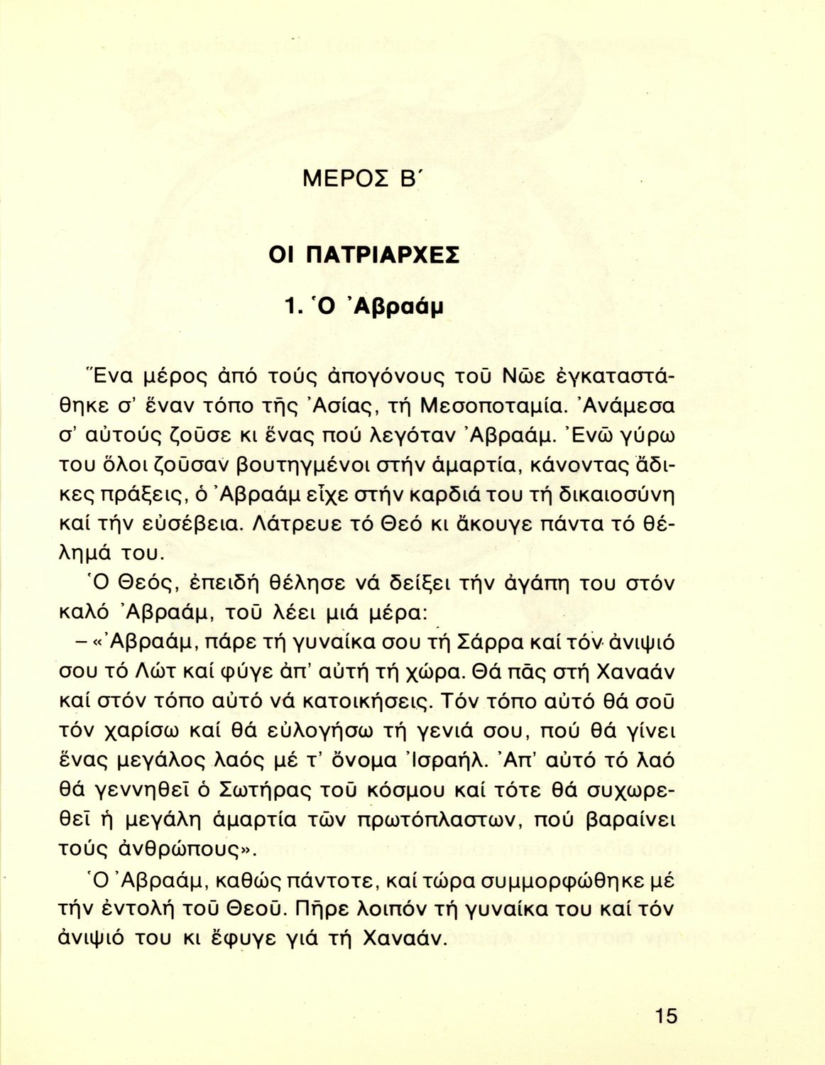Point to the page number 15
[666, 1015]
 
